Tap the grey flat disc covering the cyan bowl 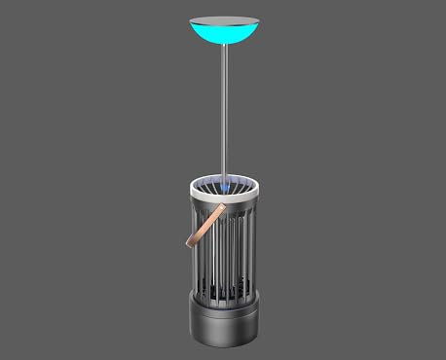223,20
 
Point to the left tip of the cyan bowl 191,21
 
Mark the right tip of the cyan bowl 256,21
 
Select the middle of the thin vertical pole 224,112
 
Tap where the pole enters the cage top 224,181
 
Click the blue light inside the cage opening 224,185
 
